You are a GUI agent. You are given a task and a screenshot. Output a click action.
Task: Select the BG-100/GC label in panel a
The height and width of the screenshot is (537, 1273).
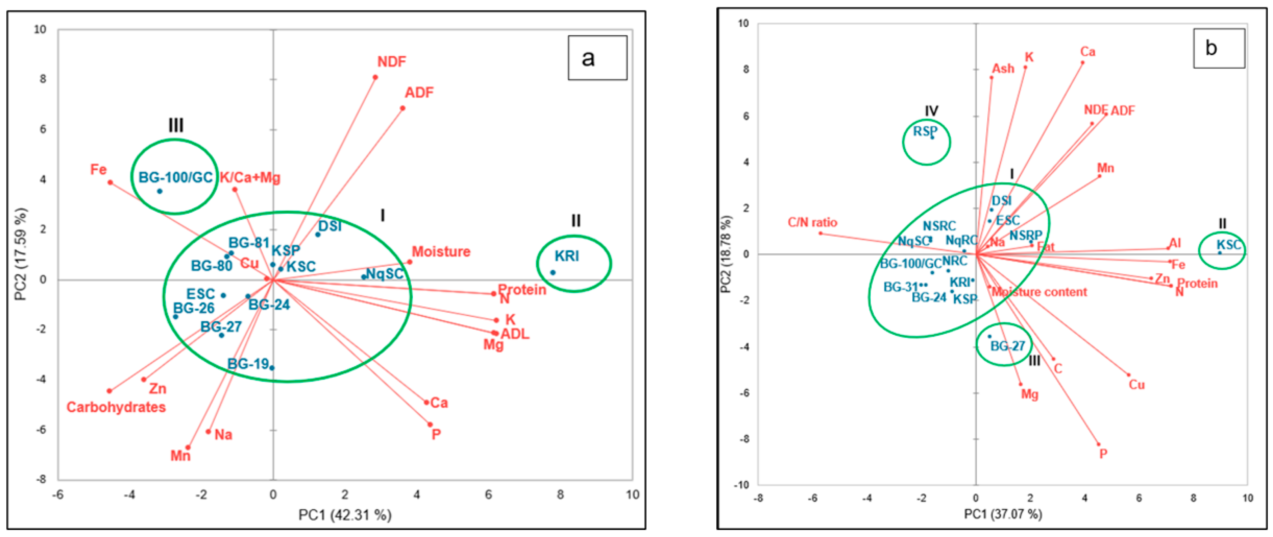tap(176, 177)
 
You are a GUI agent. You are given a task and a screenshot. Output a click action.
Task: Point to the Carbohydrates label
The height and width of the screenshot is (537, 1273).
tap(116, 408)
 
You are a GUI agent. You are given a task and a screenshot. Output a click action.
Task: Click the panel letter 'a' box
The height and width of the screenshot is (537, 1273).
tap(597, 58)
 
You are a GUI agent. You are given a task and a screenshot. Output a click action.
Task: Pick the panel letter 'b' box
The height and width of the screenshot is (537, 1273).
tap(1219, 48)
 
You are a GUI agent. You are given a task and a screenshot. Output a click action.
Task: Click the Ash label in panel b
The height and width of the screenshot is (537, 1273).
tap(1003, 68)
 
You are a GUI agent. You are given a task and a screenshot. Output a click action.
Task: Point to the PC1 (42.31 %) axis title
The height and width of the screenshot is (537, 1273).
tap(345, 515)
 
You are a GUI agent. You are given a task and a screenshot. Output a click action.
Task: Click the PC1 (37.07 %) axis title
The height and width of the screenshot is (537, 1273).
tap(1003, 514)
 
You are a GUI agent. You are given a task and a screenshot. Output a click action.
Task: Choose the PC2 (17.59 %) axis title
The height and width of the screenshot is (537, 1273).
tap(20, 255)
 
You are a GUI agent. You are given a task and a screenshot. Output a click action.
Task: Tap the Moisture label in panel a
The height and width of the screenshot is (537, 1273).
tap(441, 252)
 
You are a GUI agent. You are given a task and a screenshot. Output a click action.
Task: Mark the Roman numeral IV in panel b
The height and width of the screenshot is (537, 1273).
tap(931, 111)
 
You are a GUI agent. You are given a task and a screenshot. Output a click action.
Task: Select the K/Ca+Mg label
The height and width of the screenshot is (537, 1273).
tap(250, 177)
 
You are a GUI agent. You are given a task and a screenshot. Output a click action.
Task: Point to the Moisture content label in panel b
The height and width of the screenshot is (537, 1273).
tap(1039, 292)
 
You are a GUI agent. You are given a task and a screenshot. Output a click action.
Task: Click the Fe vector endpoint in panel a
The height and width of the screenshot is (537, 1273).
tap(110, 182)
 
